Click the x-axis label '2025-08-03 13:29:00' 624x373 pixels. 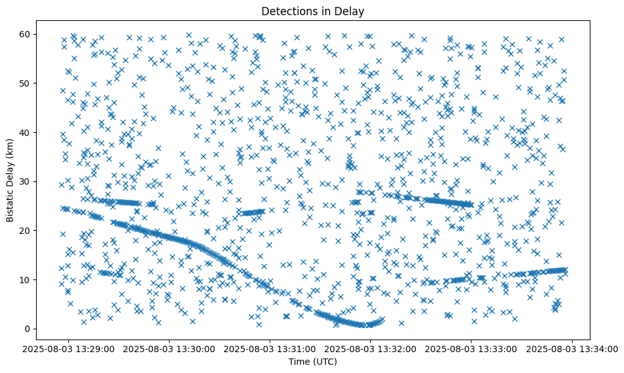[70, 348]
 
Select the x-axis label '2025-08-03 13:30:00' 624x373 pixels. [170, 348]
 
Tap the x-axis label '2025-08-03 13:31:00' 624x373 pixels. [271, 348]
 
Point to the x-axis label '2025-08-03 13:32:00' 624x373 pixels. [371, 348]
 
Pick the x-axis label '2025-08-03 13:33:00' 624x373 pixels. [471, 348]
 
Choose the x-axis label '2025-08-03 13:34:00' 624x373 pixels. [572, 348]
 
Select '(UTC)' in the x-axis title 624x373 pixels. [326, 362]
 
